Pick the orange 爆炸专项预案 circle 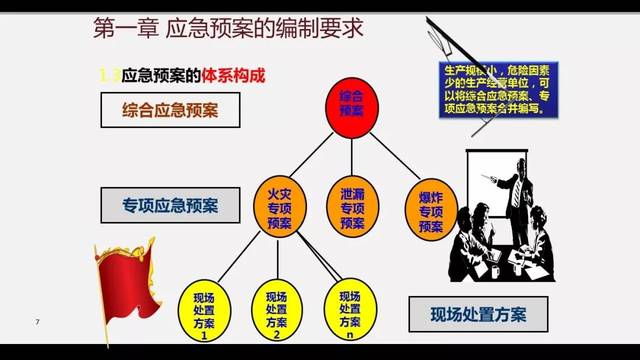pos(431,207)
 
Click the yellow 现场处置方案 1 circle pos(204,312)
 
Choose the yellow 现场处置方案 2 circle pos(275,312)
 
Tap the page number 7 pos(37,322)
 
